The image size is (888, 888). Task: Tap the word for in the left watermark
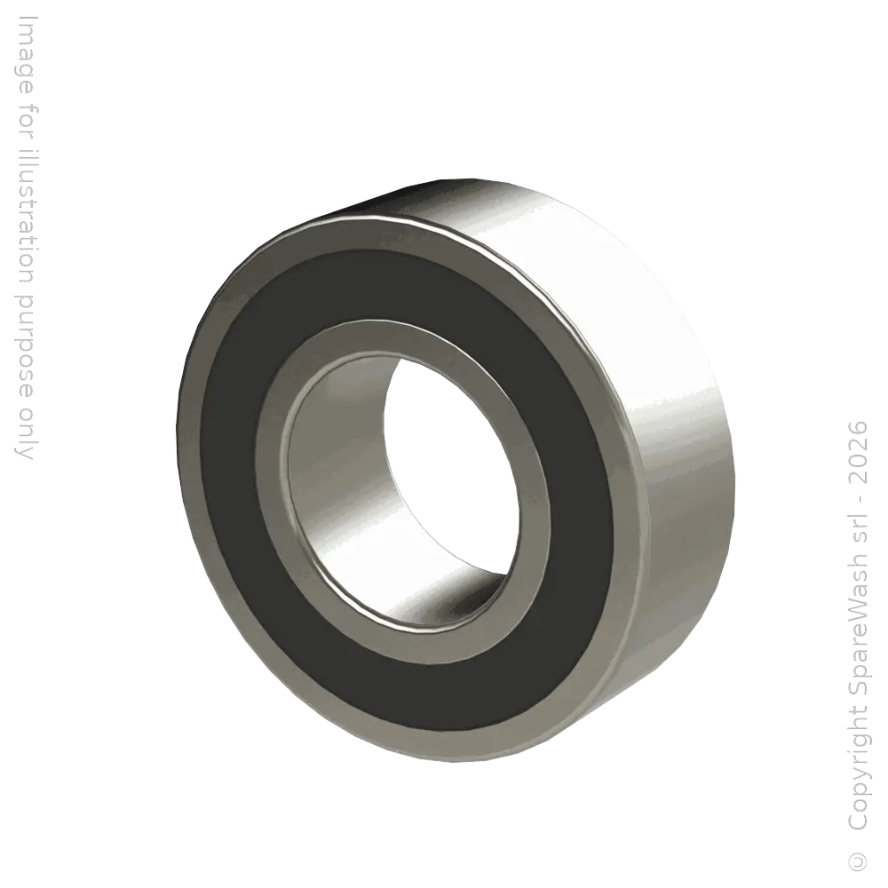tap(27, 112)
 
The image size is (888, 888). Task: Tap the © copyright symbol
tap(856, 860)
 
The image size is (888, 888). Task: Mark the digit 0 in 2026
tap(856, 459)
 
